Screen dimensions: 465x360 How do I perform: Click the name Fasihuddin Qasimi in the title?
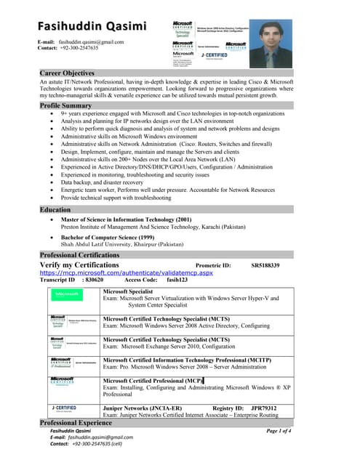coord(92,27)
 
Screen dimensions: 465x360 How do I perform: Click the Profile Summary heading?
coord(65,105)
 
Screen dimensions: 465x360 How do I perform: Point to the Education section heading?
coord(55,209)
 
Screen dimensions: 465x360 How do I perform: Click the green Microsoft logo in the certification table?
coord(67,294)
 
